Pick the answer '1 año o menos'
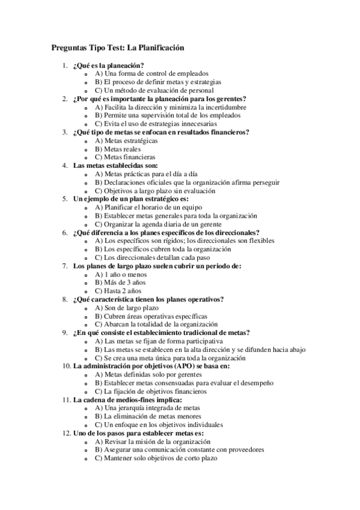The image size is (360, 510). [121, 274]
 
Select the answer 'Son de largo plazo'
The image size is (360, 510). [126, 307]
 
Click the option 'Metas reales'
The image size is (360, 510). [118, 148]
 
